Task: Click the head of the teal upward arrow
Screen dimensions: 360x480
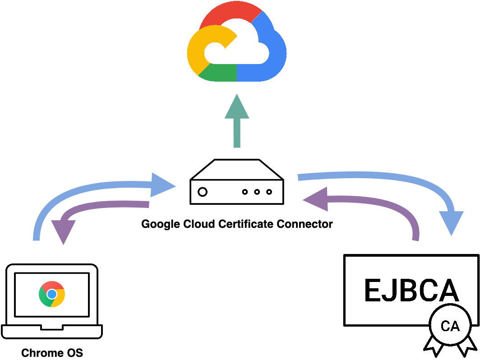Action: tap(237, 108)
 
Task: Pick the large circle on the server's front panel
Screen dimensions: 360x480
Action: tap(203, 192)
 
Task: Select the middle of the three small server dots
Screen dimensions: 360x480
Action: tap(257, 192)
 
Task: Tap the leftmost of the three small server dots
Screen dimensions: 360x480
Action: tap(245, 192)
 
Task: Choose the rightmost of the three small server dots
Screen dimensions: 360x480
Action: tap(269, 192)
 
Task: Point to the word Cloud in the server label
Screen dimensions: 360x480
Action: tap(201, 224)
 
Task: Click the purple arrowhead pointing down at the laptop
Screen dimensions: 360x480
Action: tap(63, 231)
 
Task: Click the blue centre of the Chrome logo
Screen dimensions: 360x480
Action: tap(52, 294)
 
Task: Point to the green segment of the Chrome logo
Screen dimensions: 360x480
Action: tap(44, 298)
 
